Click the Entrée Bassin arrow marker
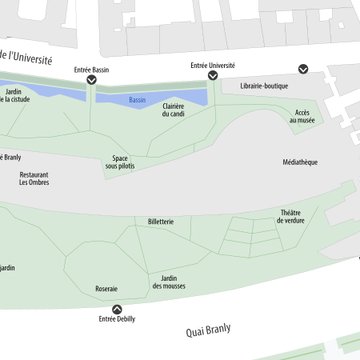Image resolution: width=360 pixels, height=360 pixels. [x=91, y=80]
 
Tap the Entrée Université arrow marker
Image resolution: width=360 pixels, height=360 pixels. [x=212, y=75]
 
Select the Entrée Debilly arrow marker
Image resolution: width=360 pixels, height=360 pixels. [x=117, y=309]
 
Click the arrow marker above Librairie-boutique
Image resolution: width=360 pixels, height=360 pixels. [x=304, y=69]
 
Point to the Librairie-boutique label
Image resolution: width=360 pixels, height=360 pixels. [x=264, y=87]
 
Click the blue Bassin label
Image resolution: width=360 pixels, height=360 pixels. [x=137, y=101]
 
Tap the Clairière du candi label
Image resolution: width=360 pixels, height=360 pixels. [x=174, y=110]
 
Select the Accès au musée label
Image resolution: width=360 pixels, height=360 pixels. [x=303, y=117]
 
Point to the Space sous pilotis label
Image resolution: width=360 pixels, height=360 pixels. [x=120, y=162]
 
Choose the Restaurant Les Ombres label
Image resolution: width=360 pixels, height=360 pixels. [x=34, y=179]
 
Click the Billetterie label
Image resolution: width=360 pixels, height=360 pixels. [x=160, y=221]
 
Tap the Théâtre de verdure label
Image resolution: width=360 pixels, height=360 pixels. [x=292, y=216]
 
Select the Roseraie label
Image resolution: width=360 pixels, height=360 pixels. [x=106, y=289]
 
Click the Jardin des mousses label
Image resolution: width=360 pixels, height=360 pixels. [x=169, y=282]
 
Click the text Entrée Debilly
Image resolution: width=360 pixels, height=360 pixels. [x=117, y=320]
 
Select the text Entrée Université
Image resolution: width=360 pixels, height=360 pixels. [x=212, y=65]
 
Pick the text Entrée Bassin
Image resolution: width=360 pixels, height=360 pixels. [x=91, y=69]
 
